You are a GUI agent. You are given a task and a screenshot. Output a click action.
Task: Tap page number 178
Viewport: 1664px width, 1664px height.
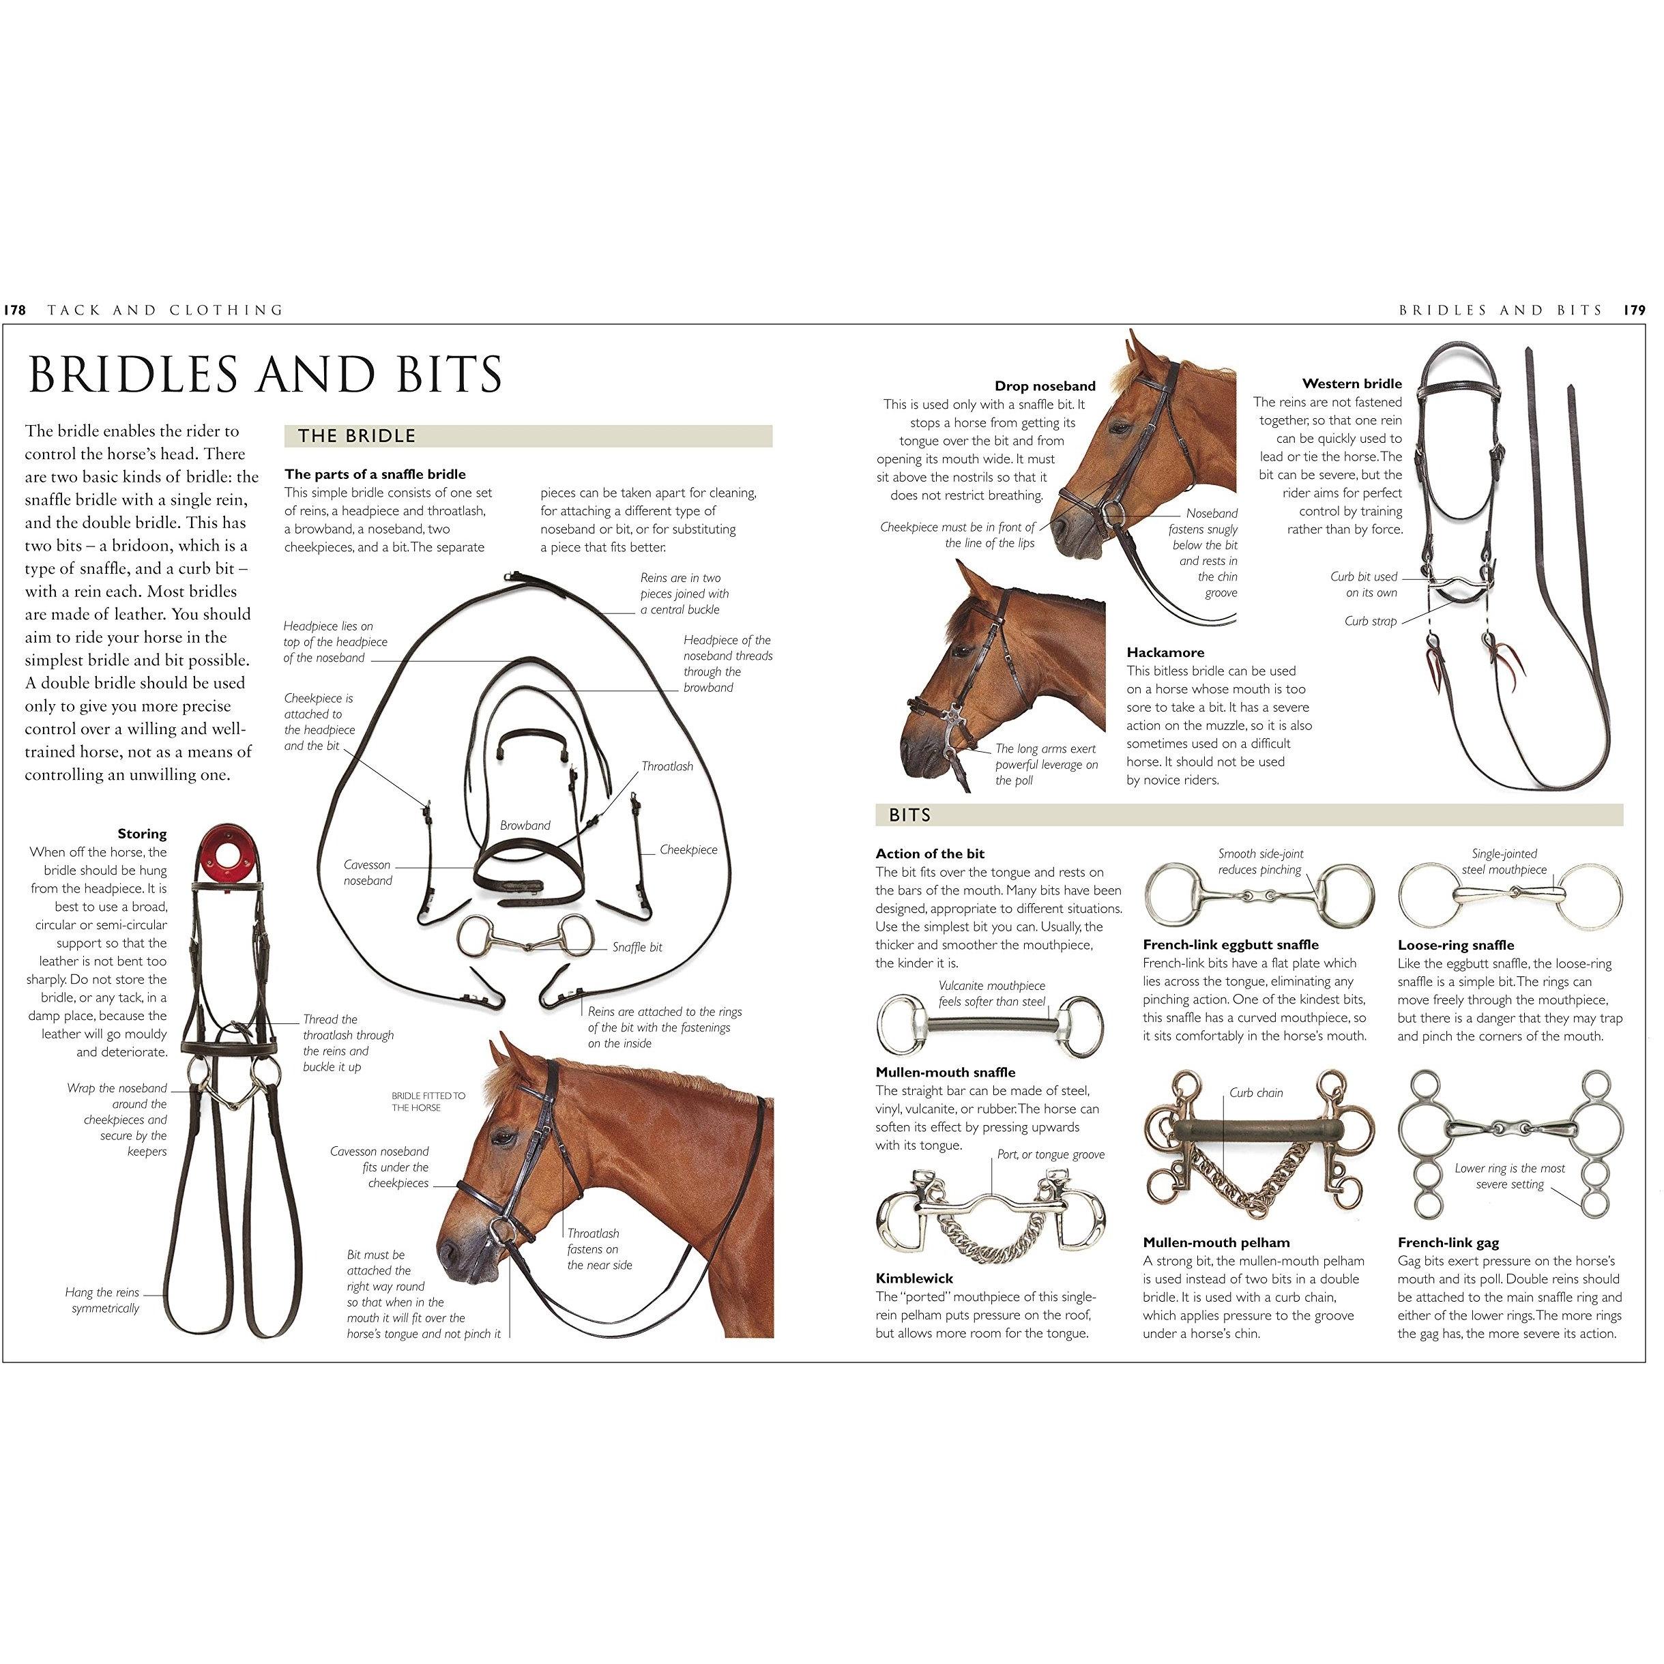pyautogui.click(x=14, y=310)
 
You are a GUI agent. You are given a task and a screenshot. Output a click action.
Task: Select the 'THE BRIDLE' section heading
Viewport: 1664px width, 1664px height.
pyautogui.click(x=357, y=436)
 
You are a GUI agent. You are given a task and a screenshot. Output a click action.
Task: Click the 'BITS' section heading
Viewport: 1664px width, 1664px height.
pyautogui.click(x=909, y=815)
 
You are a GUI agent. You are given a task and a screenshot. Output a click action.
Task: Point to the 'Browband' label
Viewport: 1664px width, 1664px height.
pyautogui.click(x=525, y=825)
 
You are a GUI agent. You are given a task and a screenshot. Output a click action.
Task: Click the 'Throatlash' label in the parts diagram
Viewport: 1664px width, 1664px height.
pyautogui.click(x=667, y=765)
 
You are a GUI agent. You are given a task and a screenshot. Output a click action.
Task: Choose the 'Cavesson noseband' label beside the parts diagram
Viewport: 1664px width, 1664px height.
pyautogui.click(x=368, y=873)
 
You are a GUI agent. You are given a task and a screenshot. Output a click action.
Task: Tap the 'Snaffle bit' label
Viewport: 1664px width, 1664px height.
pyautogui.click(x=637, y=948)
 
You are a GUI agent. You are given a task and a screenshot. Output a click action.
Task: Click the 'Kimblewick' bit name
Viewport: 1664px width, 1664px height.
pyautogui.click(x=915, y=1278)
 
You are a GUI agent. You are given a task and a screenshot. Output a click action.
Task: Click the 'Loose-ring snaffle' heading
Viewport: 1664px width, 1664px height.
pyautogui.click(x=1455, y=945)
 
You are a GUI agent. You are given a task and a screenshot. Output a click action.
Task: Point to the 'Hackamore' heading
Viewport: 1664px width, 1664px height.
pyautogui.click(x=1165, y=653)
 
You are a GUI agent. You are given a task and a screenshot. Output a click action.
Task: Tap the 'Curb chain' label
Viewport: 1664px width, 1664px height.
pyautogui.click(x=1256, y=1093)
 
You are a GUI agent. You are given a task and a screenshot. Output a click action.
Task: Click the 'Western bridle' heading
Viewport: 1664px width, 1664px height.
pyautogui.click(x=1352, y=383)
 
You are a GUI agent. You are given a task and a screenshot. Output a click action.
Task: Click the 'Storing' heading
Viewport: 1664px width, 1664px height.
pyautogui.click(x=142, y=834)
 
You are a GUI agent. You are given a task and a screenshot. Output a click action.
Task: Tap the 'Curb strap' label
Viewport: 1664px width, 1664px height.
pyautogui.click(x=1371, y=621)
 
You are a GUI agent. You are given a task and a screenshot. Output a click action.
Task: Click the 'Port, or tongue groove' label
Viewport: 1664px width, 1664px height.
pyautogui.click(x=1051, y=1154)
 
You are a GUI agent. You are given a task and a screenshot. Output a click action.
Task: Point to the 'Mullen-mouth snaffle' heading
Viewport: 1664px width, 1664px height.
pyautogui.click(x=946, y=1072)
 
